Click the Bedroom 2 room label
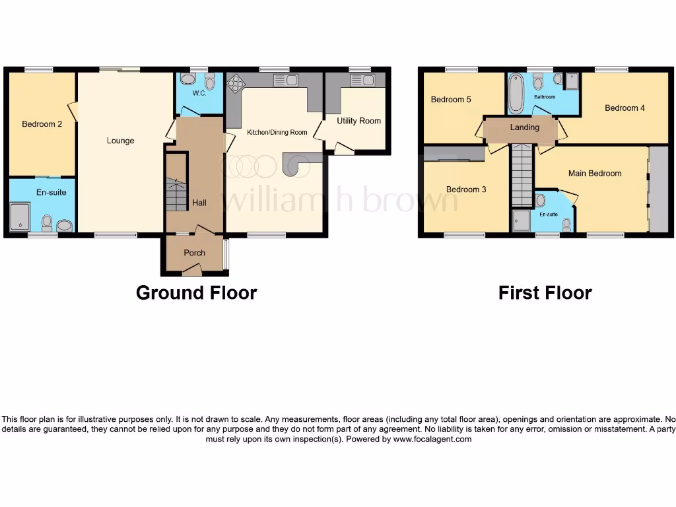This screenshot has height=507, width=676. click(42, 123)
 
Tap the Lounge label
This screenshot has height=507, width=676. click(120, 141)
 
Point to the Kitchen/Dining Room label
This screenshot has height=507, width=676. click(277, 133)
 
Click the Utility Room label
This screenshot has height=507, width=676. click(358, 121)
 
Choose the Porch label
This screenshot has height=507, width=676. click(194, 253)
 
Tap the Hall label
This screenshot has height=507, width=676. click(199, 203)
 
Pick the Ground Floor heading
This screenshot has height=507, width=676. click(196, 292)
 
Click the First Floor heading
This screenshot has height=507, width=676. click(545, 292)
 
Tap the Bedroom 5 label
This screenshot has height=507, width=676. click(451, 100)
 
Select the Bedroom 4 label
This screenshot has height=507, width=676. click(625, 108)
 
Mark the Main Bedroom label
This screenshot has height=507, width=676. click(595, 174)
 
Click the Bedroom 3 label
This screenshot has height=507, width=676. click(466, 189)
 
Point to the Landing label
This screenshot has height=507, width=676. click(525, 127)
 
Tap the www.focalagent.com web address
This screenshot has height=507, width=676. click(432, 438)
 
